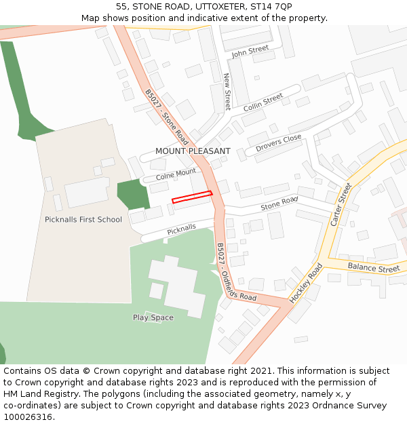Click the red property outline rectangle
192,197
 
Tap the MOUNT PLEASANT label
193,151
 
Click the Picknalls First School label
83,219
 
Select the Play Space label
153,317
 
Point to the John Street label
250,51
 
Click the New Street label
227,92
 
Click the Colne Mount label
176,174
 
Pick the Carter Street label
341,204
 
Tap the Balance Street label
374,268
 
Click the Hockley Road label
305,283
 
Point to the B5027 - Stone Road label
166,117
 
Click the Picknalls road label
181,229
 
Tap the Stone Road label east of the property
279,202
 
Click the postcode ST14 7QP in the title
275,7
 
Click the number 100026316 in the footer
27,417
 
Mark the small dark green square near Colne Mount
133,195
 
